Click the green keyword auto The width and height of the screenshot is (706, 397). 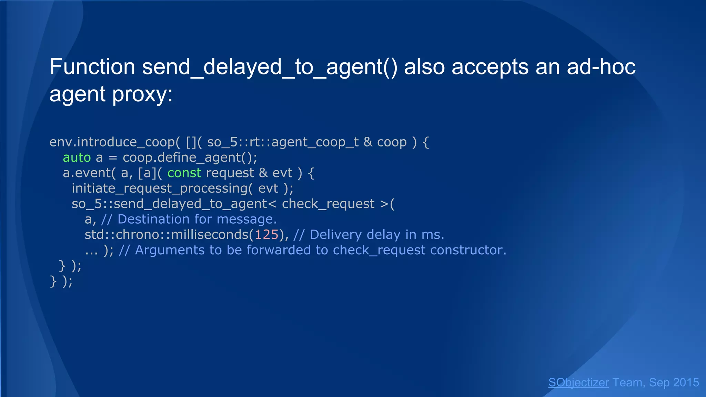coord(77,157)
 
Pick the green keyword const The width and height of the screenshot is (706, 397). coord(184,173)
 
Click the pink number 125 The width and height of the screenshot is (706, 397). coord(266,235)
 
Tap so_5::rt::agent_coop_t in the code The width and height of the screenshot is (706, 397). coord(283,142)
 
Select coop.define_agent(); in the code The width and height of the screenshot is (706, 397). coord(190,157)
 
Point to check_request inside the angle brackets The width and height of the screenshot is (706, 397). coord(328,204)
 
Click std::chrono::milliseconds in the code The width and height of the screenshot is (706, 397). coord(167,235)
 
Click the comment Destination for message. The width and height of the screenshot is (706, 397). coord(197,219)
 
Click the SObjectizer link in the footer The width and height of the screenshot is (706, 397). coord(578,383)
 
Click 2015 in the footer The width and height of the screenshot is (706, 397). coord(686,383)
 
